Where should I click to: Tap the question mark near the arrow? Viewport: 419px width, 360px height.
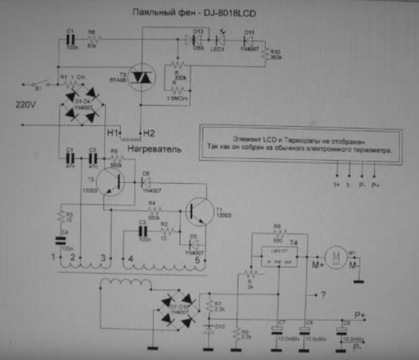tap(323, 295)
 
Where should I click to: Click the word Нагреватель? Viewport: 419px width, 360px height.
tap(155, 149)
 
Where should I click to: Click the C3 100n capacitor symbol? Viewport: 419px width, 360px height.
tap(142, 231)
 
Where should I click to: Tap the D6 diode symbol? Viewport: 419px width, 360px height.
tap(146, 182)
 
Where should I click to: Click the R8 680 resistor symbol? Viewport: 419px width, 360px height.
tap(279, 232)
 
